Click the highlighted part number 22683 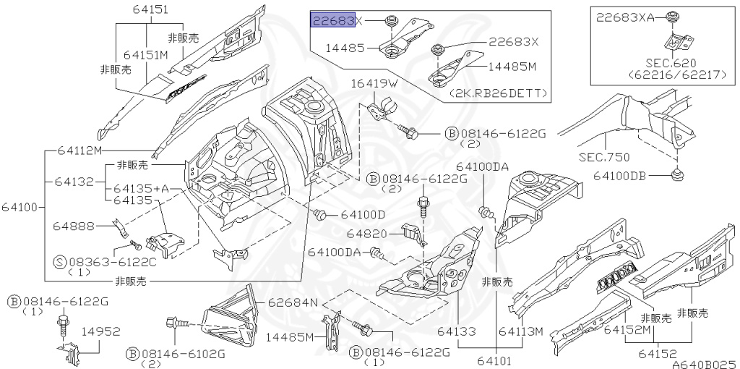coord(332,20)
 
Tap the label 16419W coord(374,84)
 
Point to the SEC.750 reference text coord(604,156)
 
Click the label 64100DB coord(626,176)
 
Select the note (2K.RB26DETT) coord(498,94)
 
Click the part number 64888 coord(73,226)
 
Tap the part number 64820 coord(369,233)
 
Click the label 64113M coord(520,331)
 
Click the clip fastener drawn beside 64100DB coord(677,175)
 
